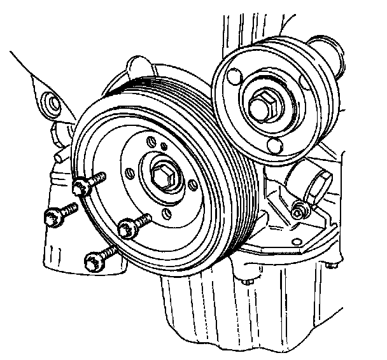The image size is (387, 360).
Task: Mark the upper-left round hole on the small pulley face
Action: pos(234,76)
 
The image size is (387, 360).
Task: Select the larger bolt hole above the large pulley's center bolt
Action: pos(150,141)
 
